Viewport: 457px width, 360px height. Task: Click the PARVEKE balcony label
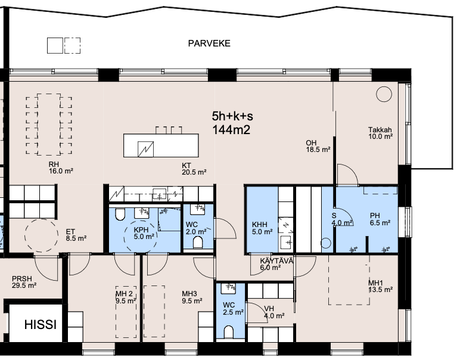[209, 44]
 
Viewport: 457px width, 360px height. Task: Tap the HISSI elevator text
[41, 324]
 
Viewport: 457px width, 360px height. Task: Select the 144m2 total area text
[231, 130]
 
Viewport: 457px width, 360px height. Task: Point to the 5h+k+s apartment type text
[232, 116]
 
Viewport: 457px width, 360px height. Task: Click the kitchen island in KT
[161, 145]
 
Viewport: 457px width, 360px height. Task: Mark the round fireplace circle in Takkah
[384, 94]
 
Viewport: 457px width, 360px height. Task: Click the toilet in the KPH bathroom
[120, 214]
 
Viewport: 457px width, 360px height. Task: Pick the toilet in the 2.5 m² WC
[229, 332]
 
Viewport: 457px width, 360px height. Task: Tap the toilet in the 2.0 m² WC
[198, 242]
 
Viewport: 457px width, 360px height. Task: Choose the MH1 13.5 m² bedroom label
[380, 286]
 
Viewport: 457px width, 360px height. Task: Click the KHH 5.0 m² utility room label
[262, 228]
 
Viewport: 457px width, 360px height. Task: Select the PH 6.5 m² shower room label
[380, 219]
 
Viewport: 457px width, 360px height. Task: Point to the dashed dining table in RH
[49, 124]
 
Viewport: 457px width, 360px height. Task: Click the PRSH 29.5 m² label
[24, 282]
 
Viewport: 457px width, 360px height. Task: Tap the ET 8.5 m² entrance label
[76, 235]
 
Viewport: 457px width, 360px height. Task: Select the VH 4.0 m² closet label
[274, 312]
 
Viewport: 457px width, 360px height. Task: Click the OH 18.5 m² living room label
[318, 146]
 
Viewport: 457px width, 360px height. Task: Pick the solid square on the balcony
[55, 45]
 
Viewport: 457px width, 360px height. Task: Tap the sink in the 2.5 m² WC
[229, 288]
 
